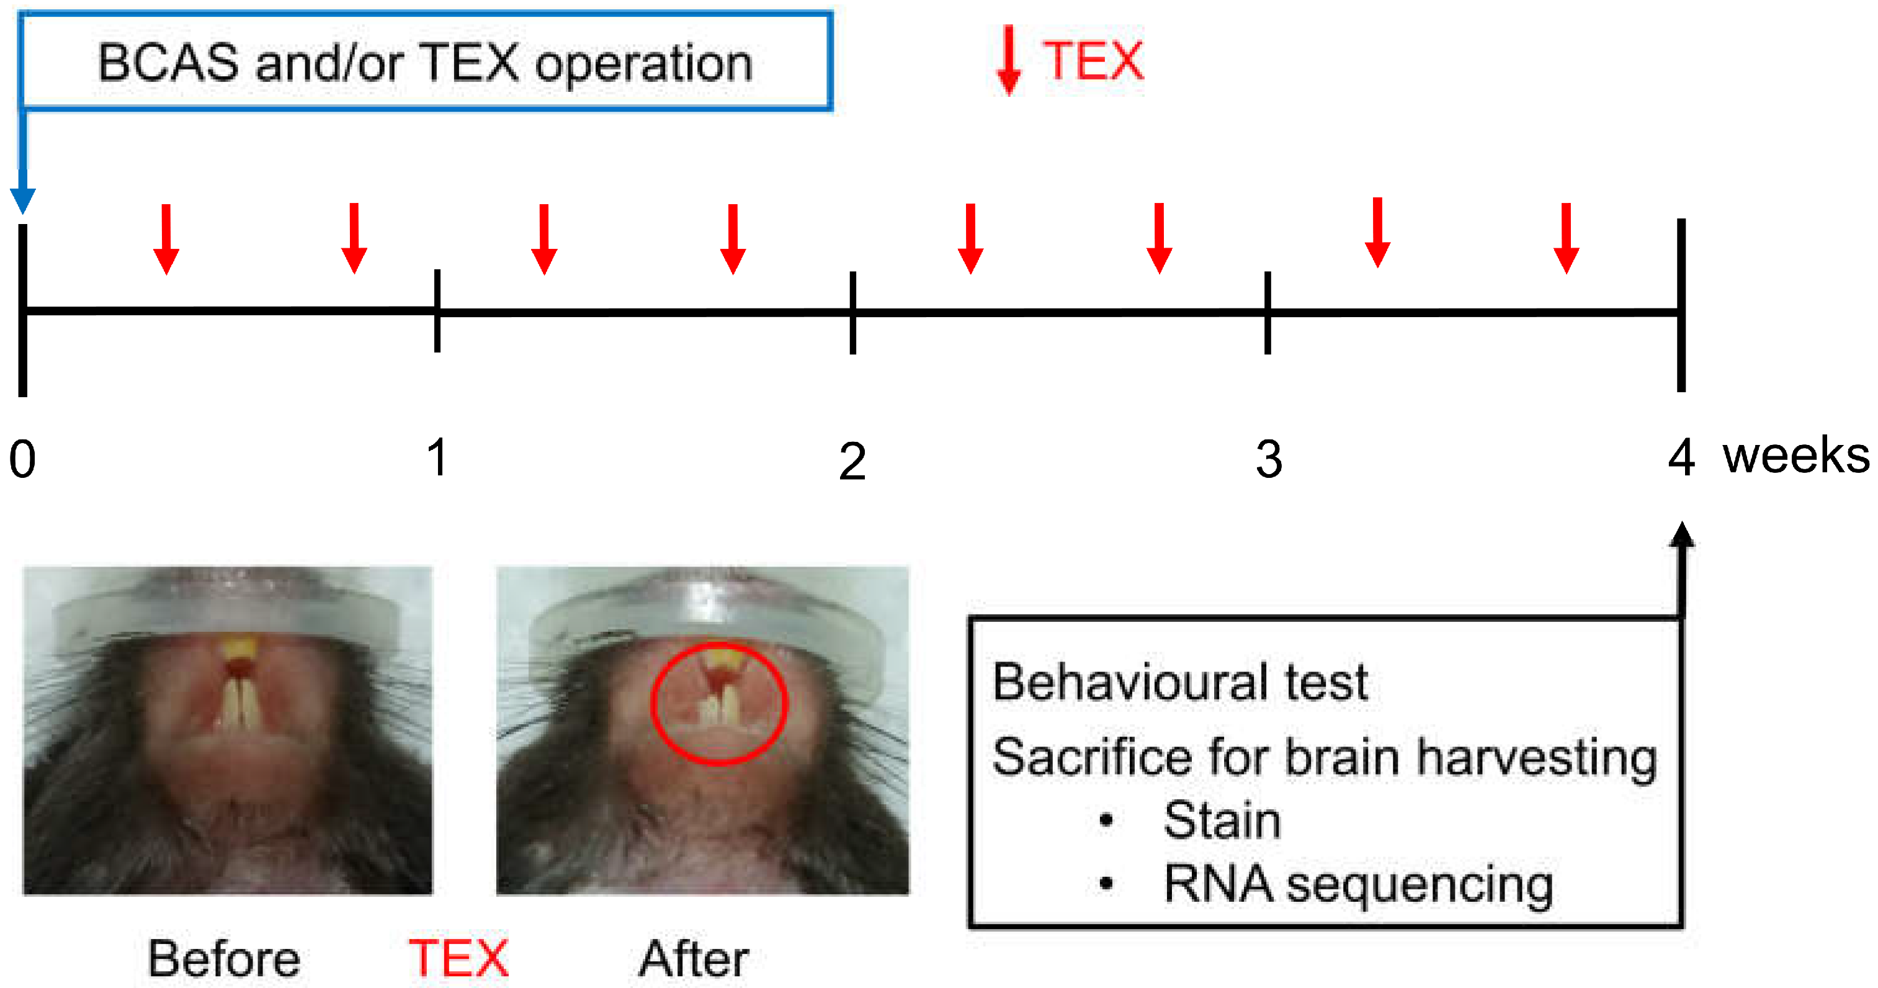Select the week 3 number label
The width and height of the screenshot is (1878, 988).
[x=1269, y=459]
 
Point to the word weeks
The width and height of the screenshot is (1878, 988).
[x=1795, y=456]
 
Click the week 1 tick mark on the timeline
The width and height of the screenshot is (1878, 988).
[x=437, y=311]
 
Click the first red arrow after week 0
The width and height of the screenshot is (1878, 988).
[x=166, y=238]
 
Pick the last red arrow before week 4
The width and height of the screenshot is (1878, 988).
[x=1566, y=238]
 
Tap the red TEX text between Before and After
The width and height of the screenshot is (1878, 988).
[x=458, y=958]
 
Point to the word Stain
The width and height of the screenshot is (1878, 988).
[x=1221, y=820]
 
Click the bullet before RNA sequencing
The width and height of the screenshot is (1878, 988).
[x=1106, y=884]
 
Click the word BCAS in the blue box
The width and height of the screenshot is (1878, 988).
[x=168, y=63]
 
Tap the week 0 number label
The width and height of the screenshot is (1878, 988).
[x=22, y=459]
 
